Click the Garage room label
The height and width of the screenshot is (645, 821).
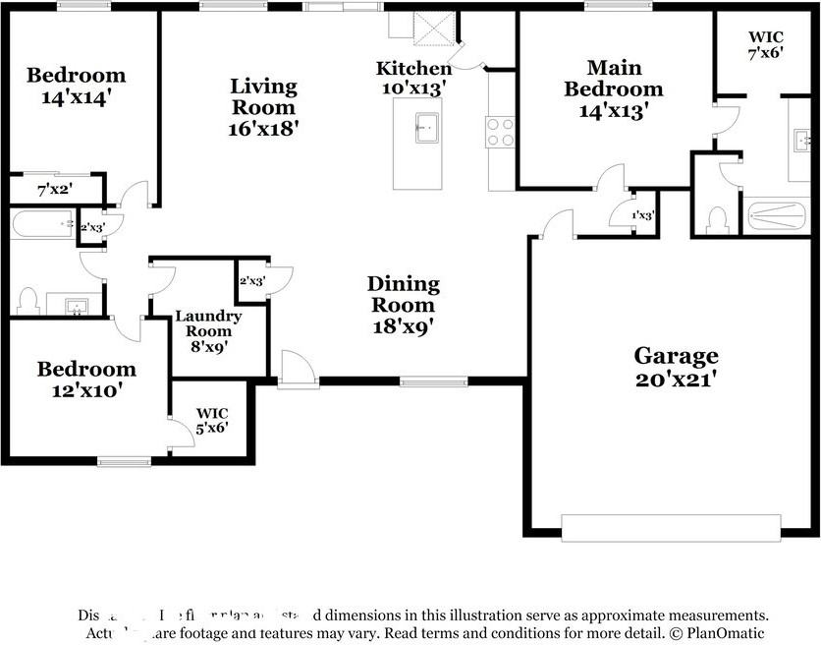pos(676,355)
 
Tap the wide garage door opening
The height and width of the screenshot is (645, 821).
pos(672,527)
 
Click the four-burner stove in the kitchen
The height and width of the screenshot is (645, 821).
pos(499,132)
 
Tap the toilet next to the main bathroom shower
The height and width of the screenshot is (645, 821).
pos(716,218)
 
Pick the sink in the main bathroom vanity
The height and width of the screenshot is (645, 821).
pos(798,139)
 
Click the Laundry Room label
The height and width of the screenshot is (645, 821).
pos(208,323)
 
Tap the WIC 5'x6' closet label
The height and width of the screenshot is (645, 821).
pos(212,421)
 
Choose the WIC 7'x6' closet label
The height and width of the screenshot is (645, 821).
pos(765,45)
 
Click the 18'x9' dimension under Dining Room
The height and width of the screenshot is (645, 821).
pos(404,326)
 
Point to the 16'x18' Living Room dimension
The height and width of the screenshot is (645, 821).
pos(264,128)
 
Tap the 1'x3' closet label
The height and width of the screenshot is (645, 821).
pos(643,215)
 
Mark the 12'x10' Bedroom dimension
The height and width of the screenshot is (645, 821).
pos(86,390)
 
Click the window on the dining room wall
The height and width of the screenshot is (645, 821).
pos(433,381)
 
